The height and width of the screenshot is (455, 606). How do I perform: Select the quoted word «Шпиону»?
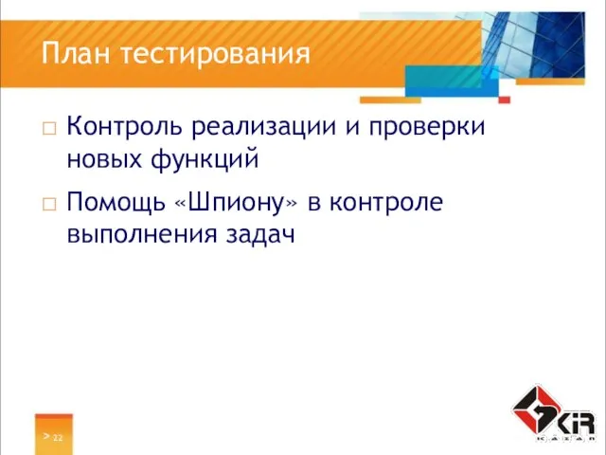(241, 202)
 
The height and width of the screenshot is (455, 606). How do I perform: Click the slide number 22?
(58, 438)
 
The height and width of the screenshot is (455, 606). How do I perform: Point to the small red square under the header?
(505, 99)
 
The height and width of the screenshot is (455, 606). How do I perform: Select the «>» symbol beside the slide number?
(45, 437)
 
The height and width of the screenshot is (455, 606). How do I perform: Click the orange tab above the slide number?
(54, 419)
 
